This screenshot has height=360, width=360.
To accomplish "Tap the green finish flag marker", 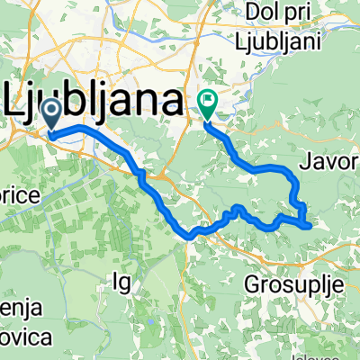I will (207, 106).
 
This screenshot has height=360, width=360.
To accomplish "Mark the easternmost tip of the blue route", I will (310, 225).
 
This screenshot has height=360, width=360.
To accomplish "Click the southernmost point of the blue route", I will (191, 237).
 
